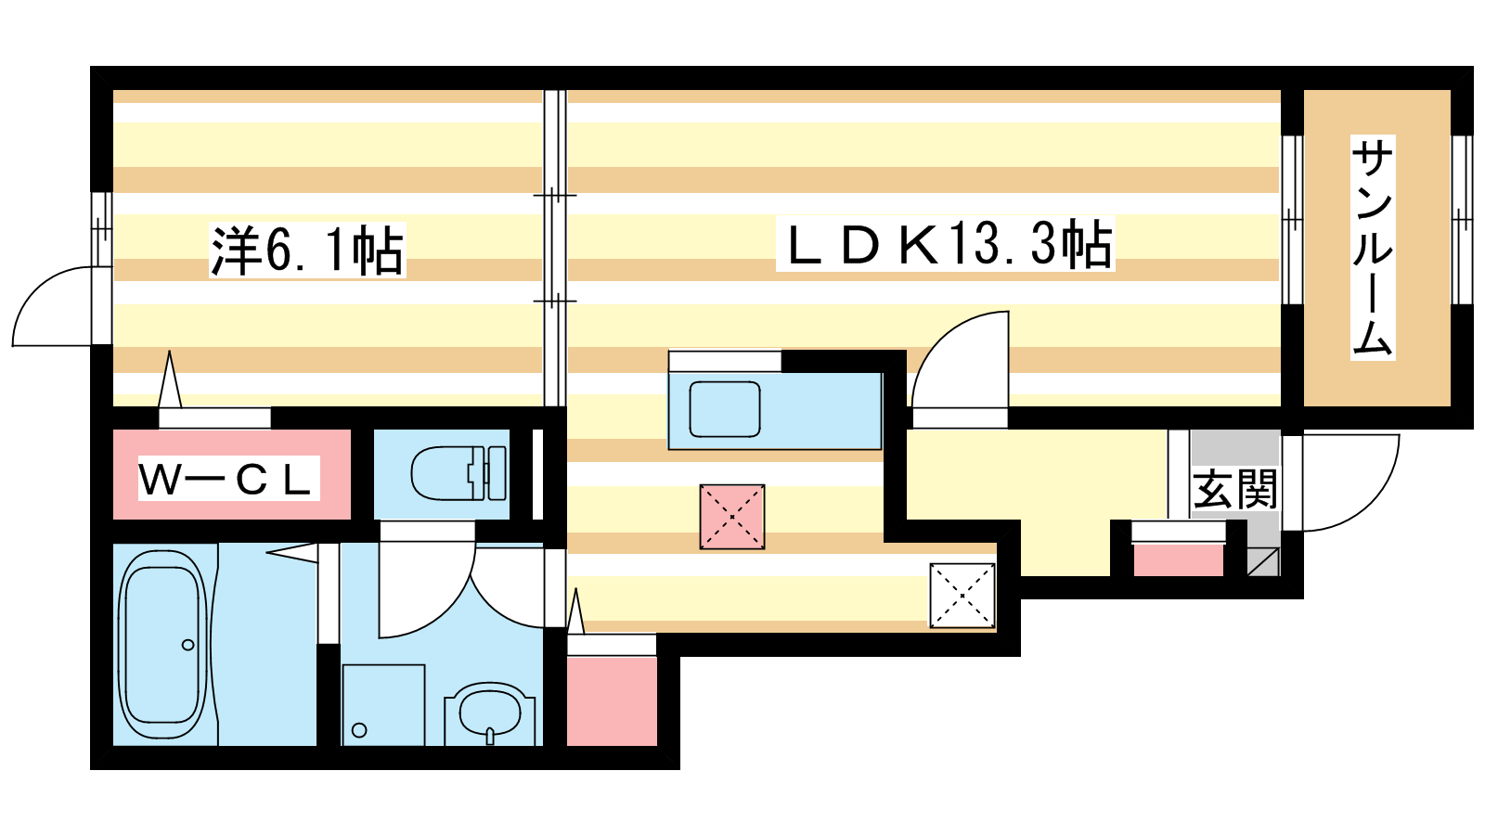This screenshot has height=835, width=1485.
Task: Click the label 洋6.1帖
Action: (307, 250)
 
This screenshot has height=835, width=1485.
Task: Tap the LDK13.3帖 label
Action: (946, 244)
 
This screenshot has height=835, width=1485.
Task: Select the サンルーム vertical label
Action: (1373, 247)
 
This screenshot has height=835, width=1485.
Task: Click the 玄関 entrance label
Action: (1235, 489)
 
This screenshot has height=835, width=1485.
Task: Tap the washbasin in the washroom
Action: (490, 713)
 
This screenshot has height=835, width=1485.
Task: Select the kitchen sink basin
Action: (725, 409)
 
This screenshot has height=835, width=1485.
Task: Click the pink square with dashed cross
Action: (732, 517)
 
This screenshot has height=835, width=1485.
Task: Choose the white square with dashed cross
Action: (962, 595)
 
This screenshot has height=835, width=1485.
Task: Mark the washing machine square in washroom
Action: (383, 705)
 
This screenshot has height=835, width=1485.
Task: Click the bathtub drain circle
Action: (188, 645)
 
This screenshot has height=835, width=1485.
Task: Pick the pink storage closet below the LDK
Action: (612, 701)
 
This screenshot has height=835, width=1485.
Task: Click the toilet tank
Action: (497, 473)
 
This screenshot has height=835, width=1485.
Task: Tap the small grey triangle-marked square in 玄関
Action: (1263, 562)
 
